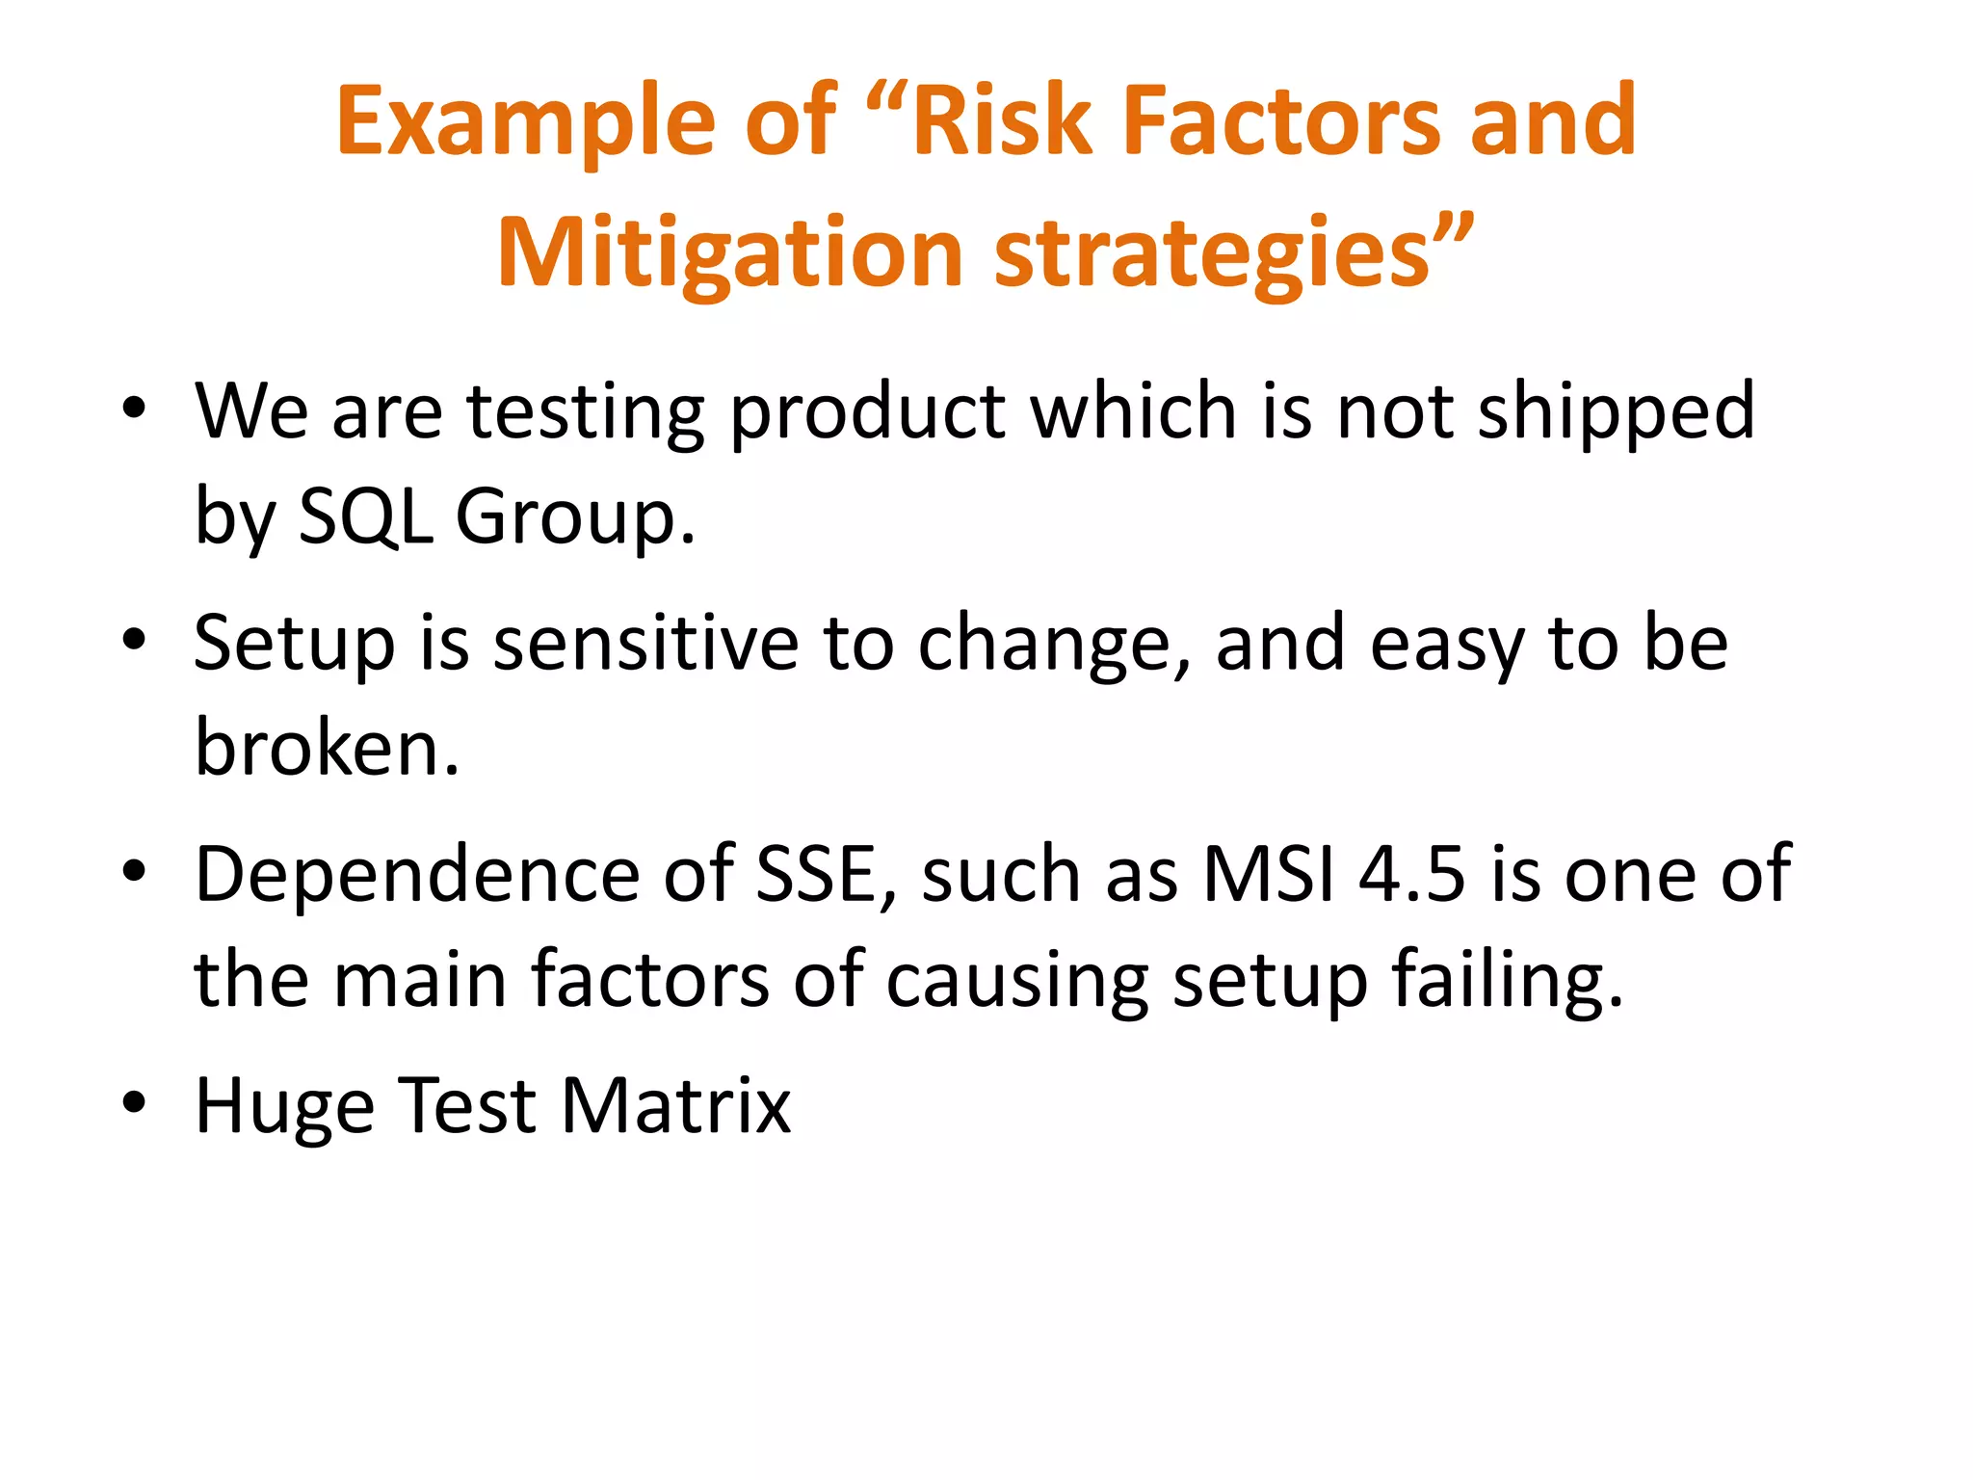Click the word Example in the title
point(525,122)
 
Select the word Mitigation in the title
point(730,252)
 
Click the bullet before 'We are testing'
point(134,409)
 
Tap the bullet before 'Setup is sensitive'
point(134,640)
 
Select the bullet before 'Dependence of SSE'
point(134,872)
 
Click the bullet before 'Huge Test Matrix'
point(134,1102)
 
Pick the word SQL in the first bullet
point(365,516)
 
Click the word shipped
point(1616,412)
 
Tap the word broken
point(327,748)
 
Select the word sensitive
point(645,643)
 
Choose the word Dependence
point(417,874)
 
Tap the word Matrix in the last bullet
point(675,1105)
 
